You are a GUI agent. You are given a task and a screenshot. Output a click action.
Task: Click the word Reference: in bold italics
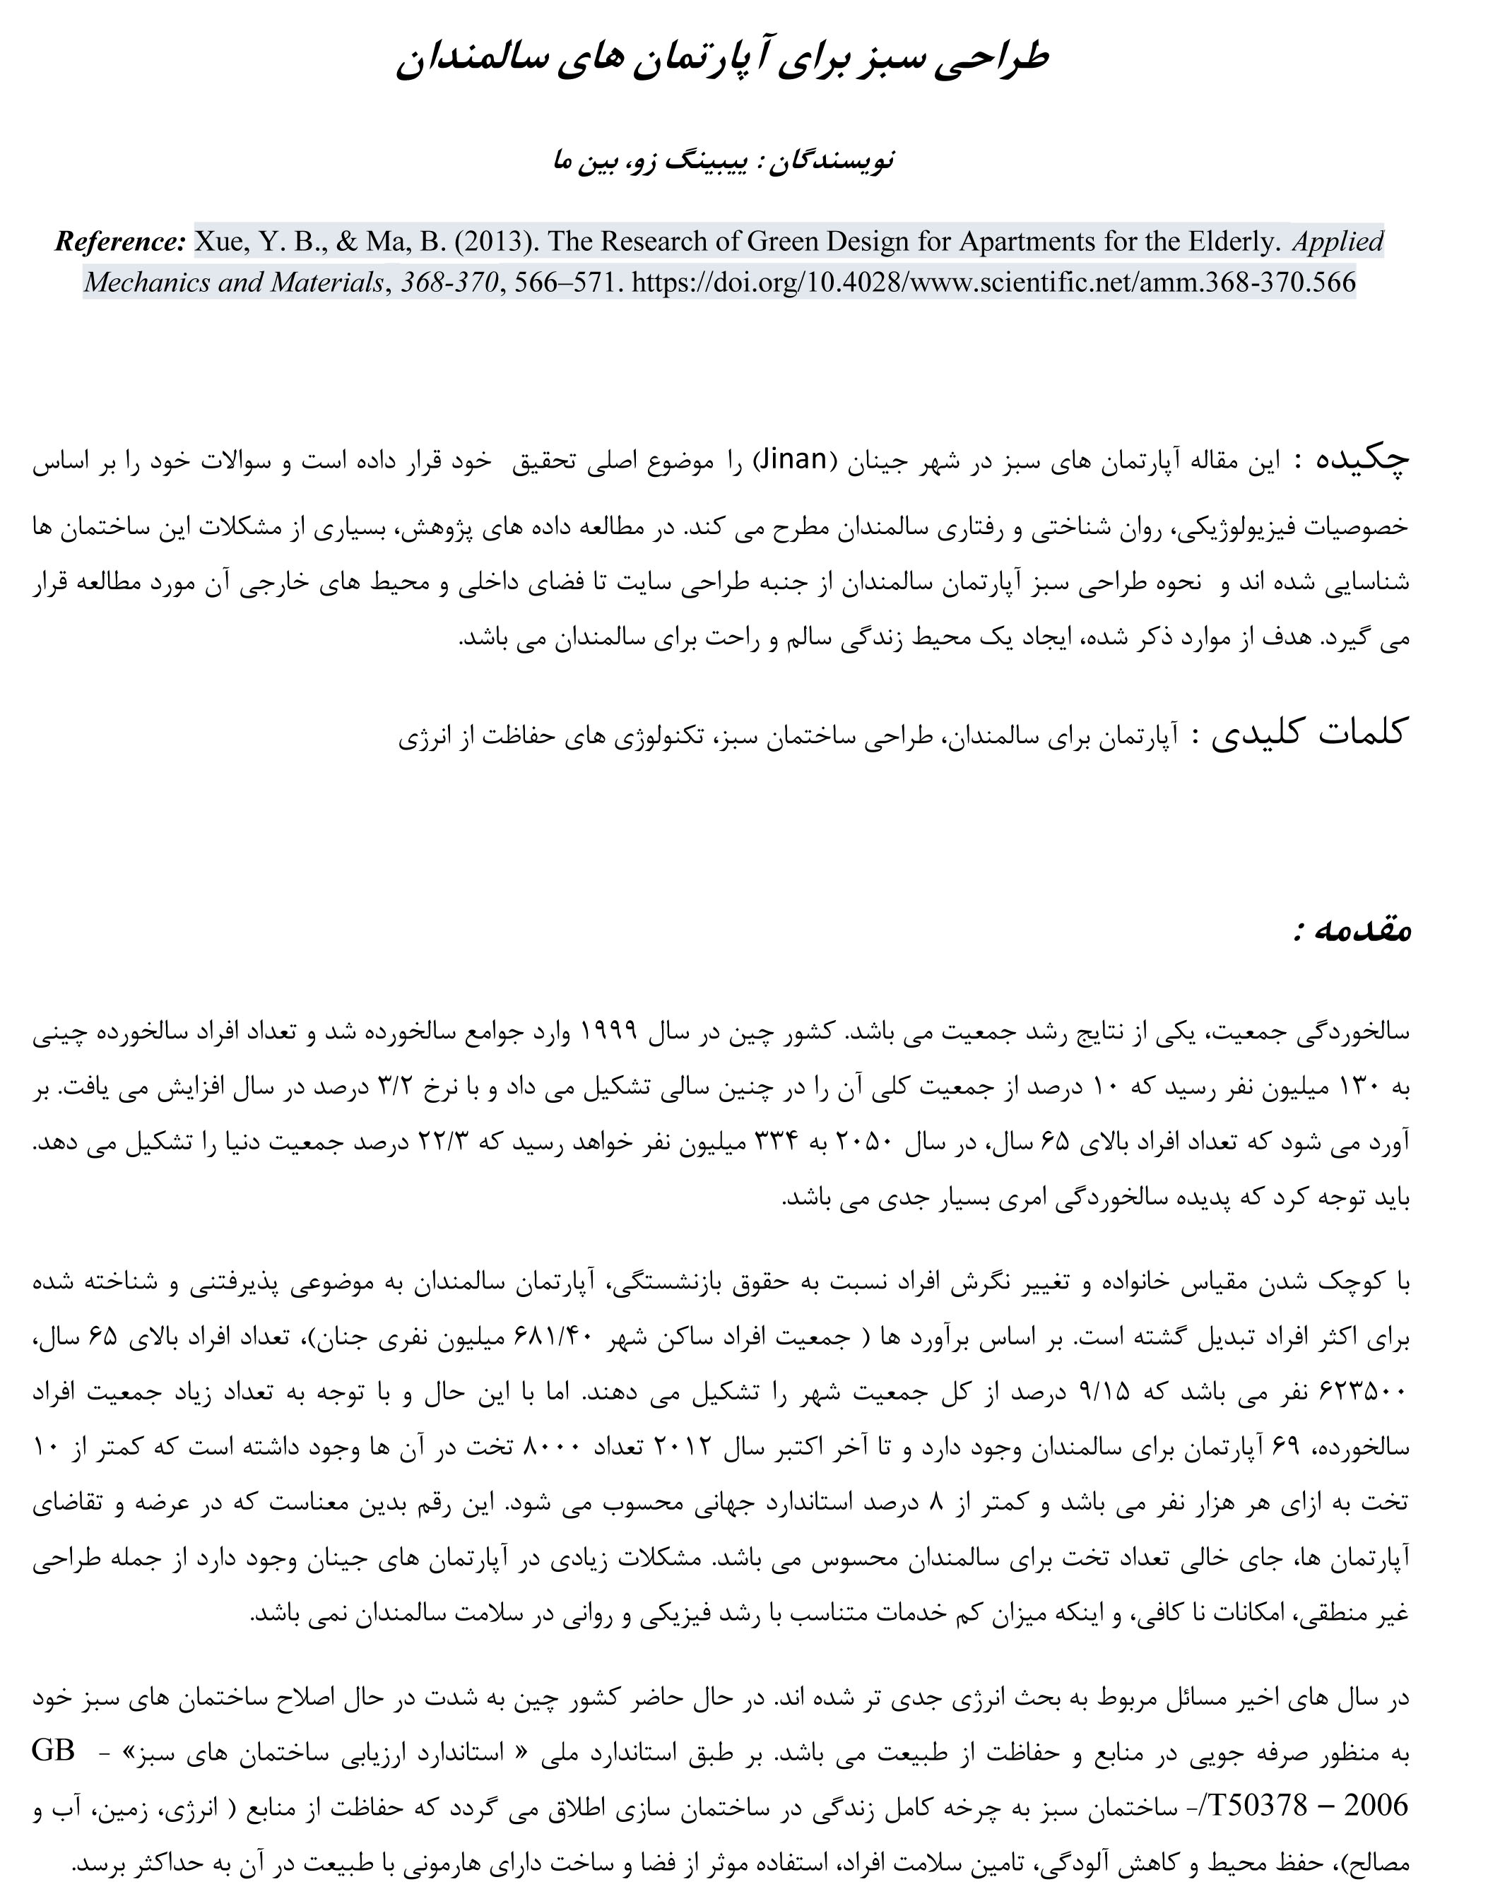[x=120, y=242]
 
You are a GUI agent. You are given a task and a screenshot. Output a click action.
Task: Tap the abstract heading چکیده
[x=1362, y=461]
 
